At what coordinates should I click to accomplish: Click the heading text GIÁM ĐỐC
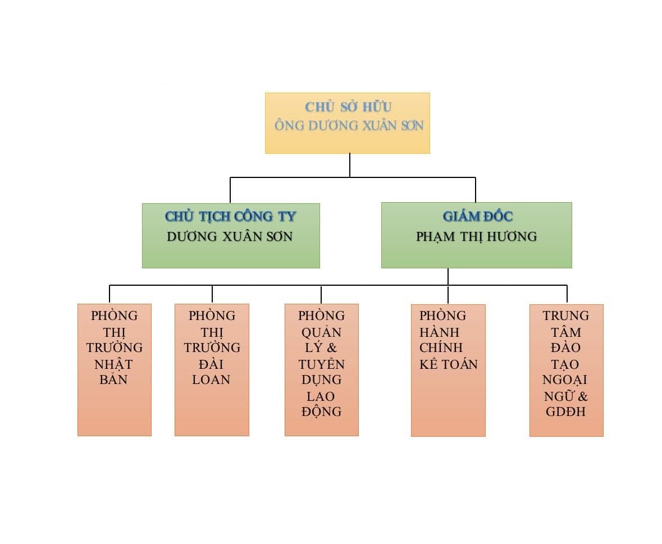(477, 216)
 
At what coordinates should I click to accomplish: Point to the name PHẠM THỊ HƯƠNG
(476, 236)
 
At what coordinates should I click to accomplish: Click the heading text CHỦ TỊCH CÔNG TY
(230, 216)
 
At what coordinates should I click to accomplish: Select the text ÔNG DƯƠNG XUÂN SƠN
(349, 125)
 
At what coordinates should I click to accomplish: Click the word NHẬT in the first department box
(114, 364)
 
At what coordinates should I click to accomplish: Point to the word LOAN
(211, 380)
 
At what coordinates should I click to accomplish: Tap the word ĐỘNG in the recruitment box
(321, 412)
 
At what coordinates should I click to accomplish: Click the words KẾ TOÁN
(448, 364)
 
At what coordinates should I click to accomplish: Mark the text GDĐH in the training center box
(565, 412)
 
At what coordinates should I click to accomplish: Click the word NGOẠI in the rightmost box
(565, 380)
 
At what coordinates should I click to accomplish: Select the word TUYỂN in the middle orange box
(321, 364)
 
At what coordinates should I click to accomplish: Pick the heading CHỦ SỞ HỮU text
(348, 107)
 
